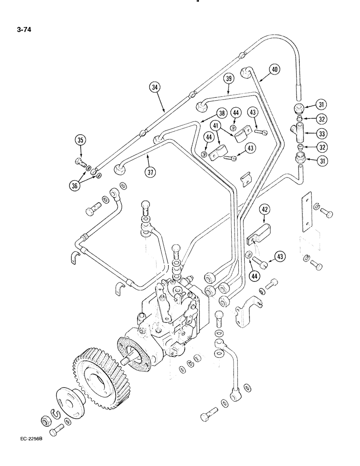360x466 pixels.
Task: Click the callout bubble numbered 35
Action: (x=80, y=140)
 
